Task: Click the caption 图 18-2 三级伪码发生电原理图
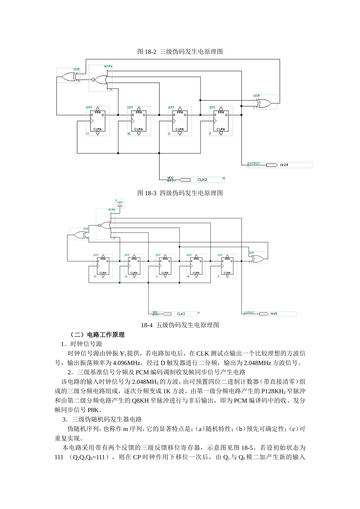pyautogui.click(x=180, y=52)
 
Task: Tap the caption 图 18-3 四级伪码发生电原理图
pyautogui.click(x=180, y=193)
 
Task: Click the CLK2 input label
pyautogui.click(x=203, y=180)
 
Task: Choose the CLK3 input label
pyautogui.click(x=181, y=314)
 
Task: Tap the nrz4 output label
pyautogui.click(x=284, y=165)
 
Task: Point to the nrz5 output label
pyautogui.click(x=274, y=314)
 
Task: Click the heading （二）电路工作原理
pyautogui.click(x=97, y=334)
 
